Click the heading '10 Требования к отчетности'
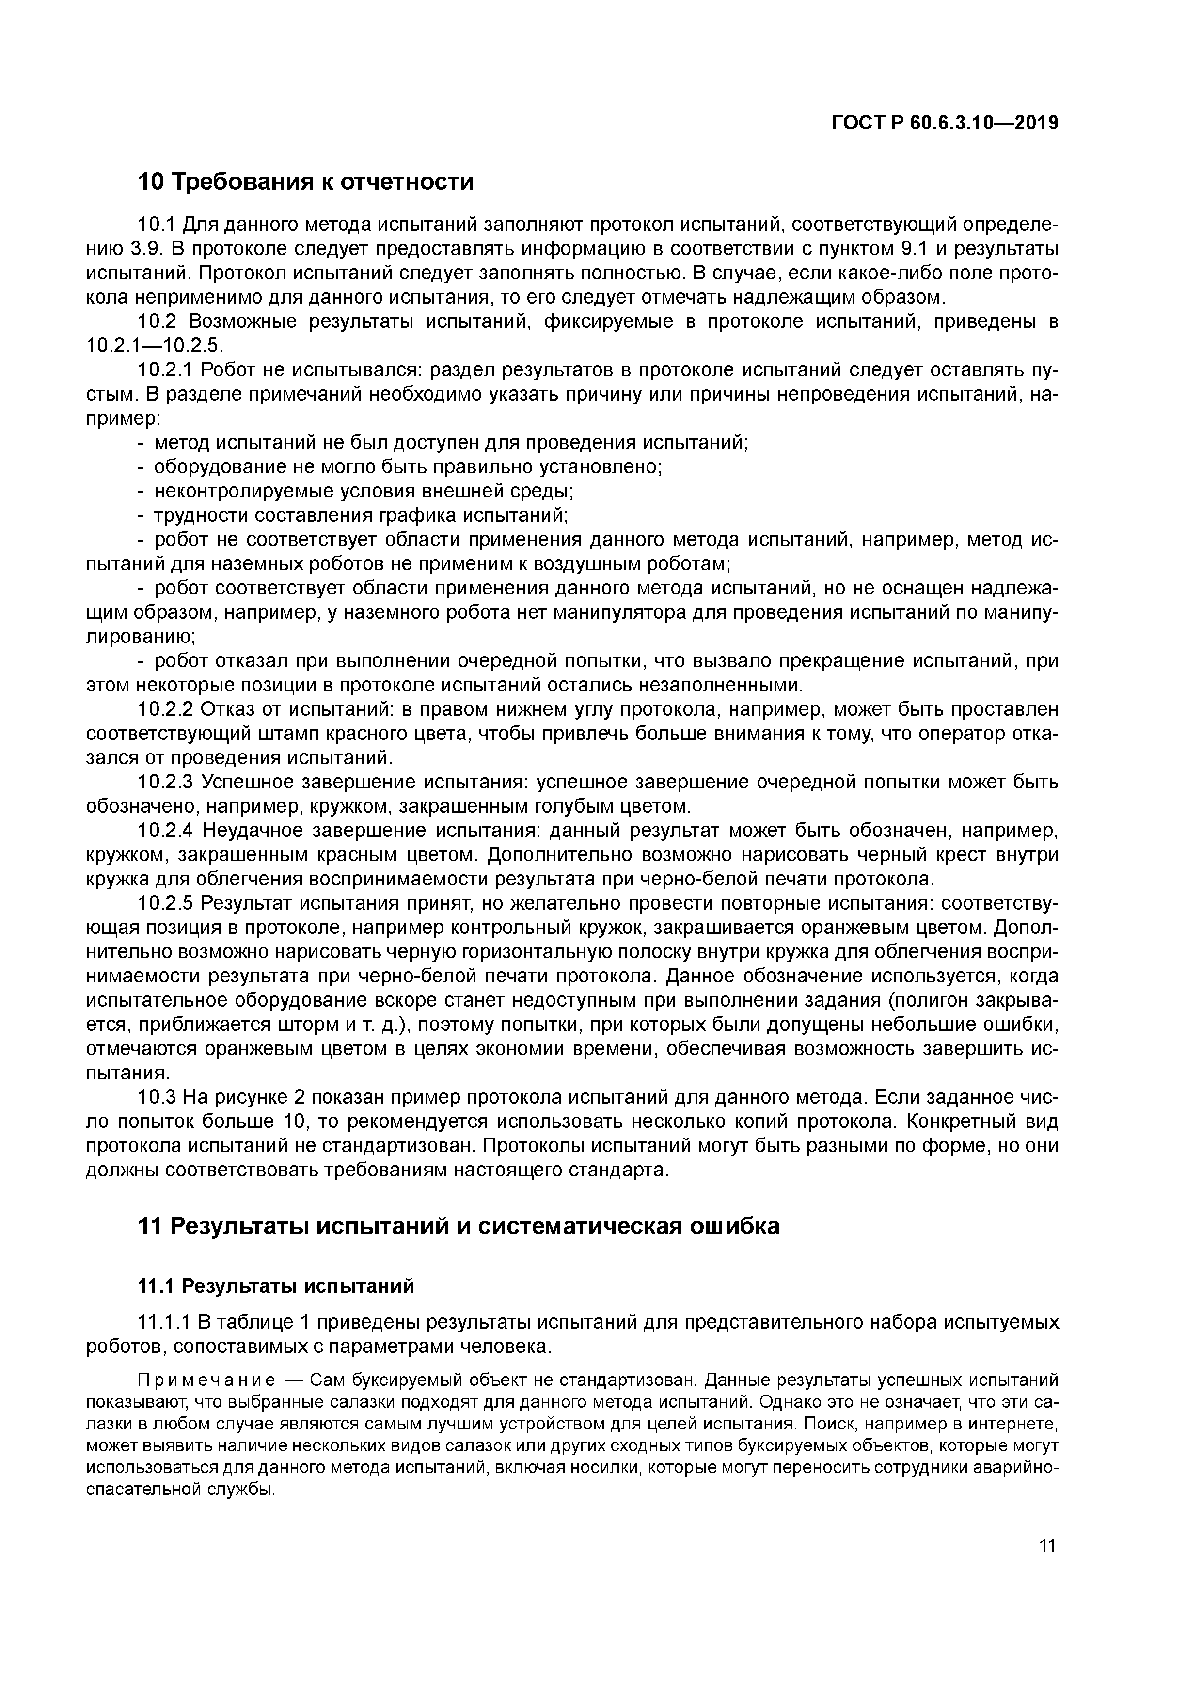[x=305, y=181]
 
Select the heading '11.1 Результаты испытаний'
[x=275, y=1286]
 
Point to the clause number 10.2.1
[x=166, y=369]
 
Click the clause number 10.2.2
[x=166, y=710]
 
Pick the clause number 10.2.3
[x=166, y=782]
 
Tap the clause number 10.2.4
[x=166, y=831]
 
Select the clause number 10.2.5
[x=166, y=904]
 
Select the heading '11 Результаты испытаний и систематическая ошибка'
[x=459, y=1226]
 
